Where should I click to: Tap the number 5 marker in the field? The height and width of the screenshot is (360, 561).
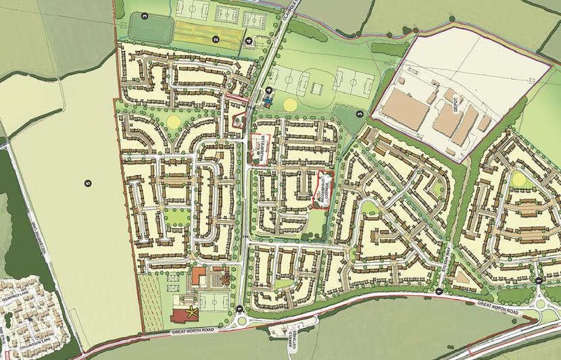click(88, 182)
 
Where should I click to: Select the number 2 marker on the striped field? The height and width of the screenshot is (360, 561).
click(216, 40)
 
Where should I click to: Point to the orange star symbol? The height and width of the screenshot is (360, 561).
click(234, 276)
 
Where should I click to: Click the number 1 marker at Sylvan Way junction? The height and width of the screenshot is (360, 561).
click(439, 290)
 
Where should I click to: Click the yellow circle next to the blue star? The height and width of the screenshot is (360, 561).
click(289, 104)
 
